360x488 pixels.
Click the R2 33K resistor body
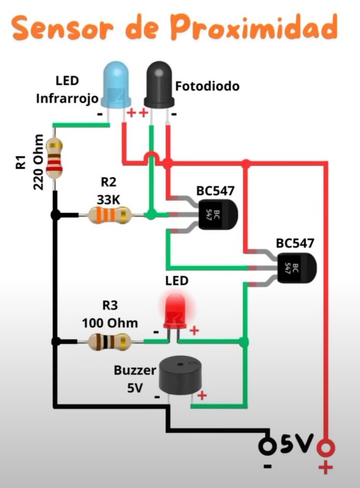110,216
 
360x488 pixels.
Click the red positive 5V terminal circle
325,446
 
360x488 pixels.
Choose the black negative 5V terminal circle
266,446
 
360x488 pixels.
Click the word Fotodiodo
207,86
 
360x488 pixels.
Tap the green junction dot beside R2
152,215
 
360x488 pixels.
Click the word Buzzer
134,370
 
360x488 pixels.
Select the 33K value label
109,199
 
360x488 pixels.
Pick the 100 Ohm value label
109,323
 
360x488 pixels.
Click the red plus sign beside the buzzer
202,396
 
